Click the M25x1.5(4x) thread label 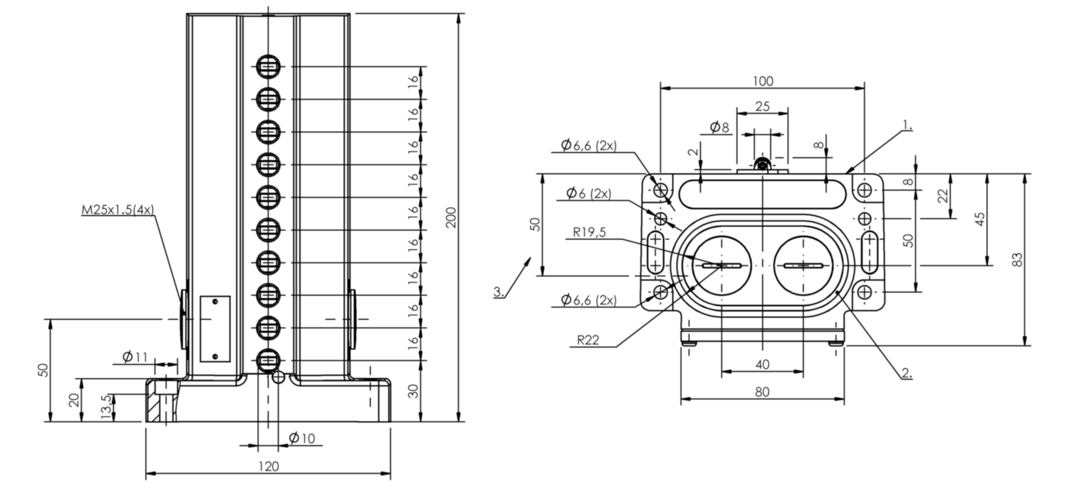[x=118, y=210]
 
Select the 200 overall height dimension [x=451, y=217]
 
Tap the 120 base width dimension [x=269, y=466]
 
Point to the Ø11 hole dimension [x=135, y=357]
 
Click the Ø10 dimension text [x=302, y=438]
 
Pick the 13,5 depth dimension [x=108, y=407]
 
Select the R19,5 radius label [x=589, y=232]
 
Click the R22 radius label [x=587, y=340]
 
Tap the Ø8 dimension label [x=719, y=127]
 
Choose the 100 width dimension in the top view [x=763, y=81]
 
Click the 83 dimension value [x=1018, y=259]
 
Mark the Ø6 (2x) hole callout [x=588, y=193]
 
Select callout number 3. [x=499, y=291]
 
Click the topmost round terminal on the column [x=269, y=67]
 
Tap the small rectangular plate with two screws [x=215, y=328]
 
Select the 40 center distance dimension [x=762, y=365]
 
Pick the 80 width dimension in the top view [x=762, y=392]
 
